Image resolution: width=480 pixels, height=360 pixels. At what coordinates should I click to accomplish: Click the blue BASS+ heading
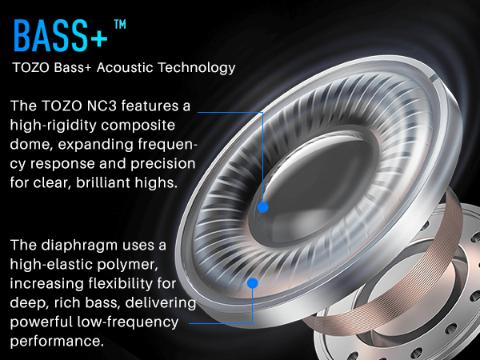(60, 35)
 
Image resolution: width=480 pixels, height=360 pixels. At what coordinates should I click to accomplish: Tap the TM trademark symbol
(120, 24)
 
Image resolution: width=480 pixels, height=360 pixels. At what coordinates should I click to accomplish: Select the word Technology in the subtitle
(197, 68)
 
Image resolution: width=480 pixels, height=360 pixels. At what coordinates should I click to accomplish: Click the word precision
(163, 164)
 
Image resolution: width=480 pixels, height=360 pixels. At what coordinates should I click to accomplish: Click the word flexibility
(119, 284)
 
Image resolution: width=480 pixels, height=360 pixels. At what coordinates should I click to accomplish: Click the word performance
(55, 342)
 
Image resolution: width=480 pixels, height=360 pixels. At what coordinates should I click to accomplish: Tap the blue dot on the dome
(263, 207)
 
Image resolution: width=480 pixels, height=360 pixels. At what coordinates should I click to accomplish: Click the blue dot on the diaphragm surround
(252, 283)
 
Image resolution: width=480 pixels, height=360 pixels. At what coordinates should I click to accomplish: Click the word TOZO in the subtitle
(31, 68)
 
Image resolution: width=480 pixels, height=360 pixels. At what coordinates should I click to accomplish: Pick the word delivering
(161, 303)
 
